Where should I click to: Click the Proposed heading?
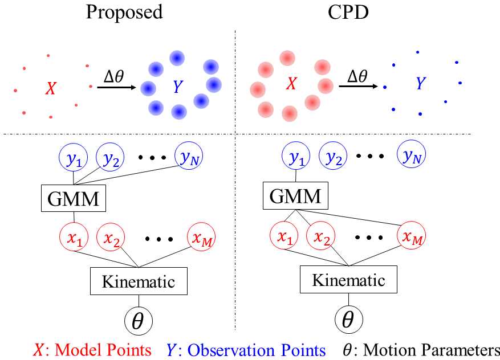pos(124,12)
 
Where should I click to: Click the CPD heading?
pos(348,12)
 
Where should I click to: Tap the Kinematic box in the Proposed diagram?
pos(138,281)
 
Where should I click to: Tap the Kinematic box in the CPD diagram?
pos(348,280)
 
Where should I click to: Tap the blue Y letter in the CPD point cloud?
pos(421,84)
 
